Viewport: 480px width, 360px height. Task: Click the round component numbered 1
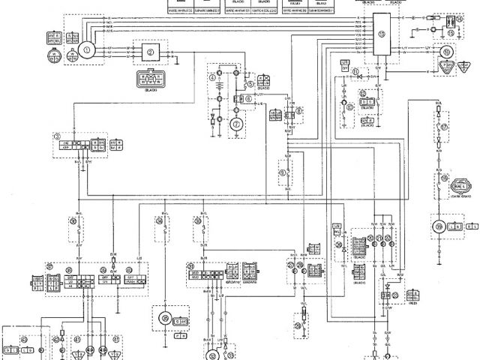point(87,50)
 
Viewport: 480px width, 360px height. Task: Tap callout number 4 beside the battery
point(213,77)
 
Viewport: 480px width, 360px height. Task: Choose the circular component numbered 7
point(236,123)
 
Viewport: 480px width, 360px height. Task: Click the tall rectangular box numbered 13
point(382,34)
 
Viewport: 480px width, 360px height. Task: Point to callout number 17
point(445,127)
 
